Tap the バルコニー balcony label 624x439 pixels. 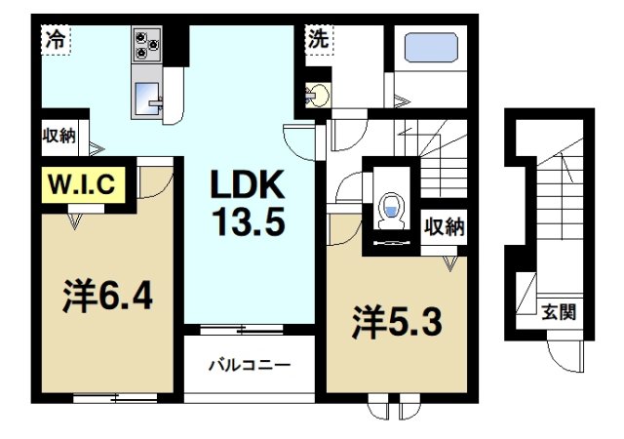click(249, 367)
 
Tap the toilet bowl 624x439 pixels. click(391, 211)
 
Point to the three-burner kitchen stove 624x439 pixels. click(147, 45)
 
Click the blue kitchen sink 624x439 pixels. click(147, 98)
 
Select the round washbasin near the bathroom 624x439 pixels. click(316, 96)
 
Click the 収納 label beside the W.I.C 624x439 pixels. click(58, 136)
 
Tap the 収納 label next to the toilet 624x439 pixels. click(444, 226)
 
